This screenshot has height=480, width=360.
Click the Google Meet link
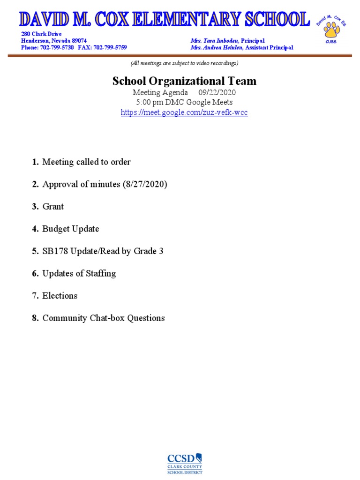[184, 112]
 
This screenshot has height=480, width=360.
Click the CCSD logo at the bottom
[185, 464]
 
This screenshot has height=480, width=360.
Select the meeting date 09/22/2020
[217, 92]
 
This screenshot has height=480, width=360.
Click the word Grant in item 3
[53, 206]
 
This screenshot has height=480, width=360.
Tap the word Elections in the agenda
[60, 296]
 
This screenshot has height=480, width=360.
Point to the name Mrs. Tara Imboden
[215, 41]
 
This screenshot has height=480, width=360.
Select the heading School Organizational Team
[184, 81]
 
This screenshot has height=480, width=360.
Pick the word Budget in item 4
[56, 229]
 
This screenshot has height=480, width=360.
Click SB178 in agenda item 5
[55, 251]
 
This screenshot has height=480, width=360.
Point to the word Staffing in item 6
[100, 273]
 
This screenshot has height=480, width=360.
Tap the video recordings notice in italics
[184, 63]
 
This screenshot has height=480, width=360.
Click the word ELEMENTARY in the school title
[187, 20]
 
